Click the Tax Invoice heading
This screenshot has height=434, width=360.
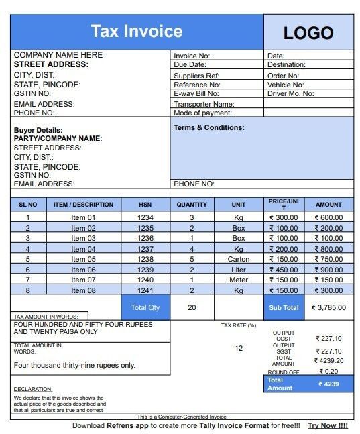coord(137,31)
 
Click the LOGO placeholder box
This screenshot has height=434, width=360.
coord(308,32)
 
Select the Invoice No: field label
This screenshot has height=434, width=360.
coord(192,56)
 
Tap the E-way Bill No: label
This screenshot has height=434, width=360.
coord(196,94)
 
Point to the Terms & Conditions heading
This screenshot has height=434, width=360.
coord(209,127)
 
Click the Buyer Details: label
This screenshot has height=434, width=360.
coord(38,130)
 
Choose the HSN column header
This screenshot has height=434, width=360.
coord(145,205)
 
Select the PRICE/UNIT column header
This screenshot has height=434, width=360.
coord(283,204)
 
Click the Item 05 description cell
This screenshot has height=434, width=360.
coord(83,259)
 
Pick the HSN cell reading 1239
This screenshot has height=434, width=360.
coord(145,270)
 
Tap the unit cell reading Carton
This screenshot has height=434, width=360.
coord(239,259)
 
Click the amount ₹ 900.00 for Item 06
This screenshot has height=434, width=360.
coord(328,270)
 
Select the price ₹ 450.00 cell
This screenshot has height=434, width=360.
coord(283,270)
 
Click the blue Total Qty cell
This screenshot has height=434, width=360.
coord(145,307)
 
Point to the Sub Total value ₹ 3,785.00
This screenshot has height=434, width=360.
coord(328,308)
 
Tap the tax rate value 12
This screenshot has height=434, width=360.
coord(239,348)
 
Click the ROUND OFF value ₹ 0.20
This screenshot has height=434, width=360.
coord(329,371)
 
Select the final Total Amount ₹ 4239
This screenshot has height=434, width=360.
coord(329,384)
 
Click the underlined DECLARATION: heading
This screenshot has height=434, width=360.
coord(33,389)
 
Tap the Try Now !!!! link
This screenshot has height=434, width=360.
coord(328,425)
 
